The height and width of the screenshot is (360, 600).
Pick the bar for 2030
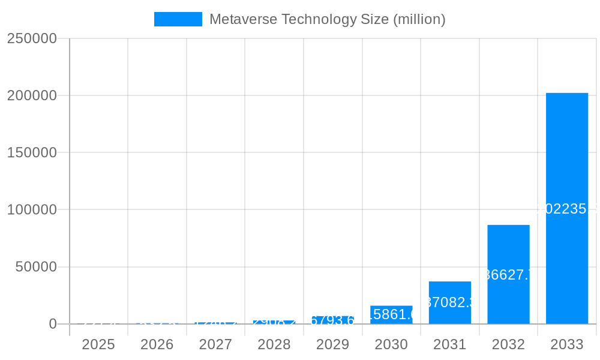tap(391, 315)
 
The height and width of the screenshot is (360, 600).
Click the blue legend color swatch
tap(178, 19)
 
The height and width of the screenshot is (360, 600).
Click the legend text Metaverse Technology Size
tap(327, 19)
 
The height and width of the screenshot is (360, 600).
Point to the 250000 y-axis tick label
tap(32, 38)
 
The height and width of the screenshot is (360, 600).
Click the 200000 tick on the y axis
tap(32, 95)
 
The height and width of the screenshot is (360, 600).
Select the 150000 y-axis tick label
tap(32, 152)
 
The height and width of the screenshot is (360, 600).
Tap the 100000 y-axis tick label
tap(32, 209)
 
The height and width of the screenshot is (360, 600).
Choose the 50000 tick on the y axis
tap(35, 267)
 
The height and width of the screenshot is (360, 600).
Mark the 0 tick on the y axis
tap(52, 324)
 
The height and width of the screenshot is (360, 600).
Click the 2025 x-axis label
tap(98, 344)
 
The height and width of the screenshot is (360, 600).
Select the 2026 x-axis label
tap(157, 344)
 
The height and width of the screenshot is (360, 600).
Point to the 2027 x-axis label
tap(215, 344)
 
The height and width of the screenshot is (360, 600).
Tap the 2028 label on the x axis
tap(274, 344)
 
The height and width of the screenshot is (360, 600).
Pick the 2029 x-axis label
tap(332, 344)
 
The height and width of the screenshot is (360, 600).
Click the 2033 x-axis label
tap(566, 344)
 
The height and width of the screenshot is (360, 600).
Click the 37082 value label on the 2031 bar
tap(450, 302)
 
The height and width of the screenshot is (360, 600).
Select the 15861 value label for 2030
tap(391, 314)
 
